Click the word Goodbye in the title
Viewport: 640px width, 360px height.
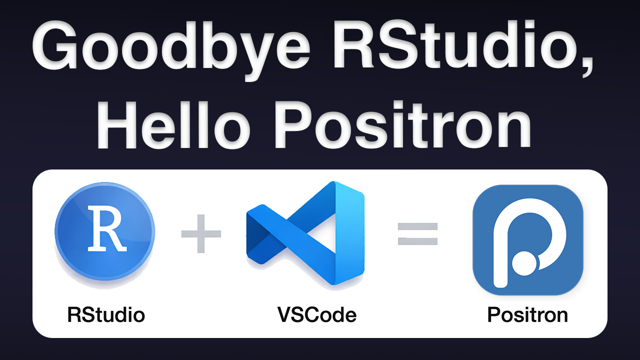coord(171,48)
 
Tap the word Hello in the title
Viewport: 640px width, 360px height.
coord(173,125)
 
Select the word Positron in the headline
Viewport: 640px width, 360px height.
coord(403,125)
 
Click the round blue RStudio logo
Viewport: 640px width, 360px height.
coord(105,231)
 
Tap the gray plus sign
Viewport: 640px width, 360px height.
coord(201,233)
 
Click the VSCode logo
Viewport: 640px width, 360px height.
coord(305,233)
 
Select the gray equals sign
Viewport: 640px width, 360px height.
coord(417,234)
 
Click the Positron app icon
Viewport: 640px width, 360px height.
coord(528,240)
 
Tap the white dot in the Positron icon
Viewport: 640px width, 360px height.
coord(524,263)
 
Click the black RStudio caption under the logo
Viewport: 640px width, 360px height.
coord(106,315)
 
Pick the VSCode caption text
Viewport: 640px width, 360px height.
coord(317,315)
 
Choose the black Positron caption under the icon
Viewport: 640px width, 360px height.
coord(527,315)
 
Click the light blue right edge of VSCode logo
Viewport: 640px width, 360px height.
coord(349,233)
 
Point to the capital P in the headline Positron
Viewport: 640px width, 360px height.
coord(294,125)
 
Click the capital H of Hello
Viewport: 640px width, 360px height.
coord(117,125)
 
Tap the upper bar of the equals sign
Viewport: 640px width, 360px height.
coord(417,226)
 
